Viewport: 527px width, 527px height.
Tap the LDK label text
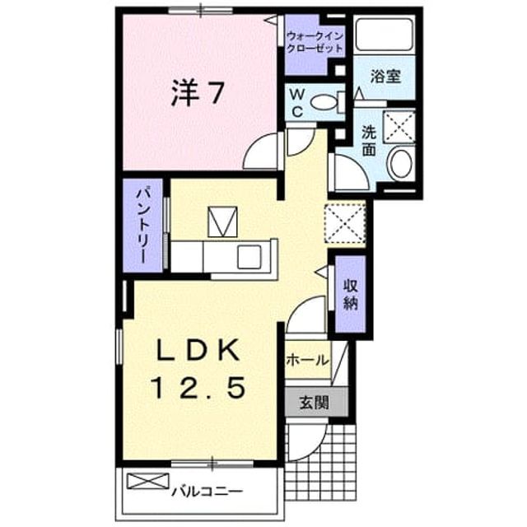pos(199,350)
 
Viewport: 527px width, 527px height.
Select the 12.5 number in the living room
pos(198,387)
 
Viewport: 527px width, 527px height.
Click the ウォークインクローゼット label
pos(315,42)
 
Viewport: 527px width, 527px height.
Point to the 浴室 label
pos(385,77)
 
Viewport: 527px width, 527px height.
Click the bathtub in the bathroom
pos(385,35)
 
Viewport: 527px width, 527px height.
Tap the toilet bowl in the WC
pos(323,102)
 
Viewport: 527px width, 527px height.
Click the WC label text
pos(297,104)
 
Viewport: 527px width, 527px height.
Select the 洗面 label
pos(369,142)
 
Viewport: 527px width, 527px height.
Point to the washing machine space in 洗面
pos(399,127)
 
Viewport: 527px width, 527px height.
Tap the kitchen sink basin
pos(250,257)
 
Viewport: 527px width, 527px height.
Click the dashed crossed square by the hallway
pos(345,223)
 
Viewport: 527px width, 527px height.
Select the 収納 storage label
pos(351,294)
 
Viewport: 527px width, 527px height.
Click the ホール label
pos(307,360)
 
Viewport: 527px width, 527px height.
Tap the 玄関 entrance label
pos(315,402)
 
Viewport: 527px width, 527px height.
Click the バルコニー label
pos(207,492)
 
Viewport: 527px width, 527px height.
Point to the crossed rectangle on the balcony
pos(148,481)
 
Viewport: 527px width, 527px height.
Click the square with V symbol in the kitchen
pos(222,222)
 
